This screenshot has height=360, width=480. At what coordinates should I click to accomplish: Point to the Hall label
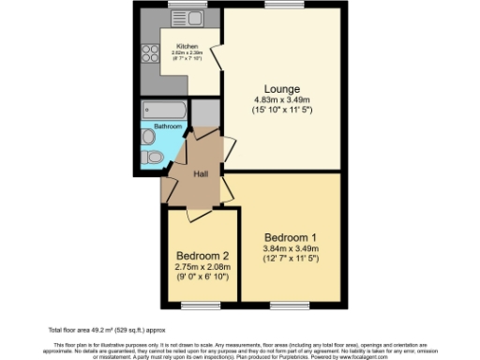pos(201,174)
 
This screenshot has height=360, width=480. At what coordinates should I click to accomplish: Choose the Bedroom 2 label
pos(202,255)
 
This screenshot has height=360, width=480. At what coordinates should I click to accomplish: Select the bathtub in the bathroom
pos(164,110)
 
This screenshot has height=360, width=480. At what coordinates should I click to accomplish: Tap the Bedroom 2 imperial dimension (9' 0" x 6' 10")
pos(202,277)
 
